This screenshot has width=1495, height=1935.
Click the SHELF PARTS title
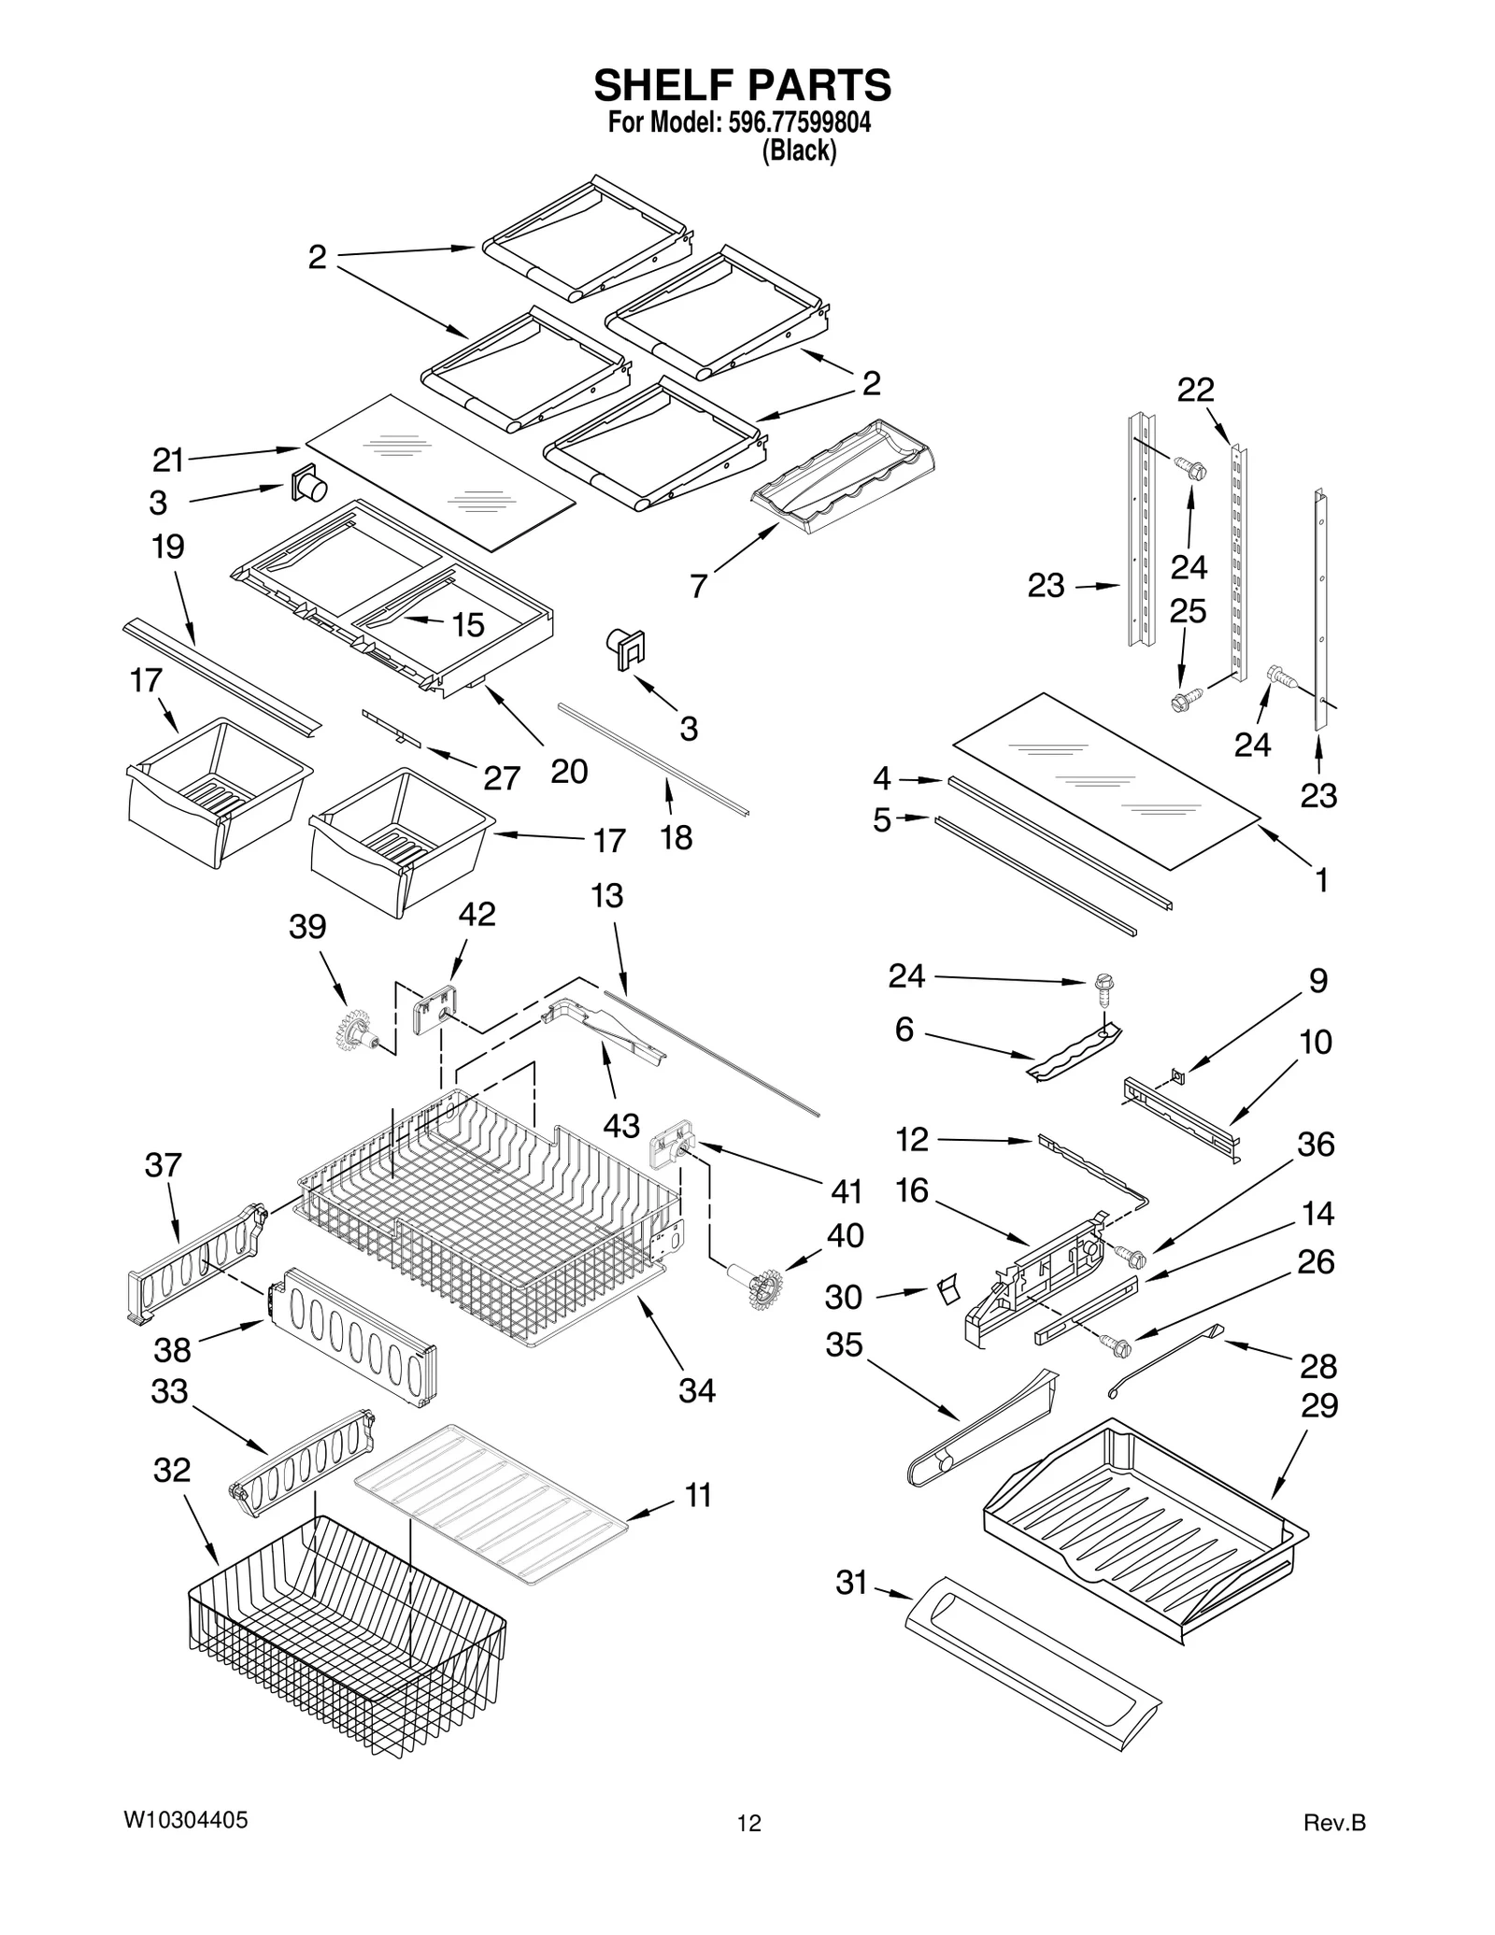[743, 85]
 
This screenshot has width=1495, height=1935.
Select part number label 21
[168, 460]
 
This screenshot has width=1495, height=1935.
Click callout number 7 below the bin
[698, 586]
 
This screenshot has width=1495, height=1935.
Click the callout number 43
[620, 1126]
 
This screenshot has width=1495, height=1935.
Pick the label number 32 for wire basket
[171, 1470]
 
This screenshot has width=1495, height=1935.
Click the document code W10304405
[186, 1820]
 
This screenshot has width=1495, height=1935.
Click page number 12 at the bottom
[748, 1823]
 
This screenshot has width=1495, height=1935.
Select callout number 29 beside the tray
[1318, 1406]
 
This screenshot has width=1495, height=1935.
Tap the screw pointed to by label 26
[1116, 1346]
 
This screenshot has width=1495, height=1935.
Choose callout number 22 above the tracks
[1195, 390]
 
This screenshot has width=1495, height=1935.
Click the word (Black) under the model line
[799, 150]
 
